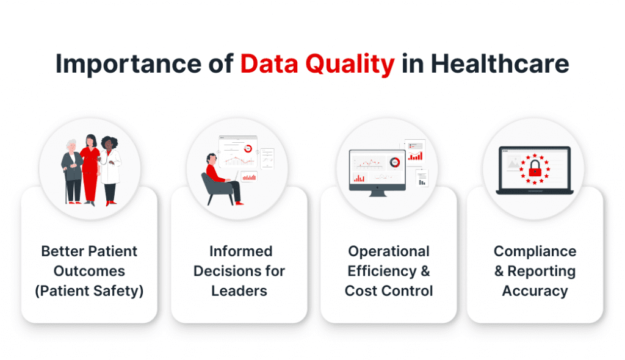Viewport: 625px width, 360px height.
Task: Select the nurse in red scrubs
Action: click(91, 168)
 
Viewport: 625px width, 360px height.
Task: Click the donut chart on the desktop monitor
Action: click(396, 162)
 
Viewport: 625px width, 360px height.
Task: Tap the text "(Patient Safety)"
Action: click(89, 290)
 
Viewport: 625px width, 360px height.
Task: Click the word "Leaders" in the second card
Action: click(239, 290)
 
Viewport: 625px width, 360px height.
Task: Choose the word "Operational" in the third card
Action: click(389, 251)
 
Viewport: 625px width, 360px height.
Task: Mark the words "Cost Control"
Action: click(389, 290)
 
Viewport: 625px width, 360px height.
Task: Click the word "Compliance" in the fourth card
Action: click(535, 251)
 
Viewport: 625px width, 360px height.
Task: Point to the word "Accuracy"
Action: click(535, 290)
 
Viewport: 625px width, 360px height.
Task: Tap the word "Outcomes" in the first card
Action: click(89, 271)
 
